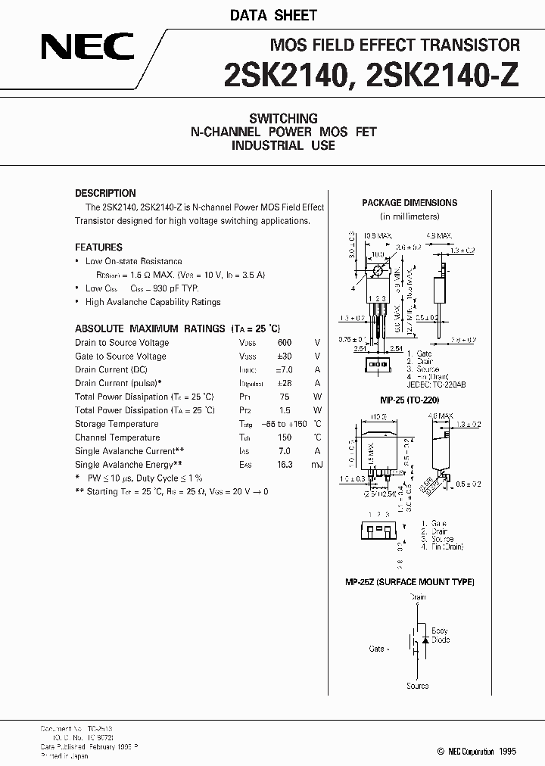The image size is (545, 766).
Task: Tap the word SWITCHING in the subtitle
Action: (283, 118)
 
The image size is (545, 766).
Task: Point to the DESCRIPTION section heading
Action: (105, 193)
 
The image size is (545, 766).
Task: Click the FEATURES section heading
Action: (98, 248)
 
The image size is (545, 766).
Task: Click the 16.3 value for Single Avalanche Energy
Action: (284, 465)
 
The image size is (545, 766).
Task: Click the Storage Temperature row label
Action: (117, 424)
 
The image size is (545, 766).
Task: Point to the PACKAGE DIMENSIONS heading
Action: (410, 203)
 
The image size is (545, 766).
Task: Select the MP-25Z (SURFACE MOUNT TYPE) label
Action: (410, 582)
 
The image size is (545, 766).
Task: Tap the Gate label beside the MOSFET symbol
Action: (377, 649)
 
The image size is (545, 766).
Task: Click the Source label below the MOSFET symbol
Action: (417, 686)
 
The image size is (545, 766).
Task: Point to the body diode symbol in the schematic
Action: (425, 640)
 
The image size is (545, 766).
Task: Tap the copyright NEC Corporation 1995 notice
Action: (477, 752)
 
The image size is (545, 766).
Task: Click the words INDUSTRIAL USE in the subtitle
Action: (283, 145)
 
